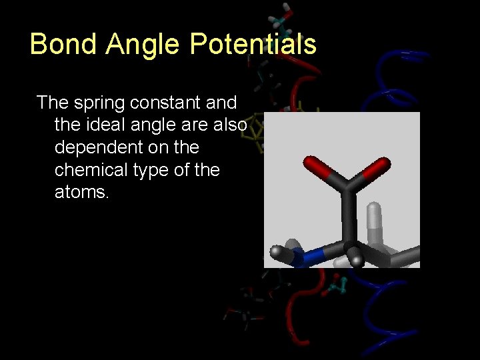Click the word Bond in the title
tap(61, 44)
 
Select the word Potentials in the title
tap(253, 44)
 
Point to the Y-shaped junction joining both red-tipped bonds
tap(346, 186)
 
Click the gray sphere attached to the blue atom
tap(277, 252)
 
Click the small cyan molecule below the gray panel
tap(336, 288)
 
